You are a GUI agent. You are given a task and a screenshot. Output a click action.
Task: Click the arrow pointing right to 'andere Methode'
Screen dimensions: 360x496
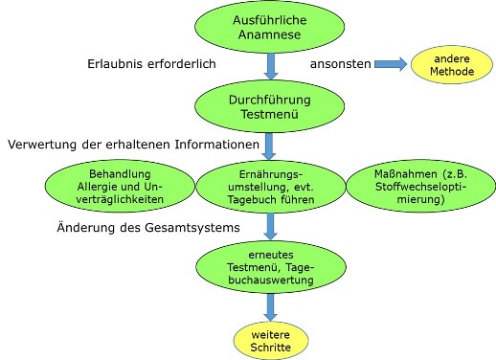pyautogui.click(x=389, y=64)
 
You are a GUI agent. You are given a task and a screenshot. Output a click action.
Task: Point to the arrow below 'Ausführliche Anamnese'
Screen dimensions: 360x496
pyautogui.click(x=269, y=65)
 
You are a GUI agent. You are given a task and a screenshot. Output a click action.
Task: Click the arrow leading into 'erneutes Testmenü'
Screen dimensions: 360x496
pyautogui.click(x=269, y=229)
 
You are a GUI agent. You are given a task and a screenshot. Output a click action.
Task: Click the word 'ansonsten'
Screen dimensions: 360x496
pyautogui.click(x=339, y=64)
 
